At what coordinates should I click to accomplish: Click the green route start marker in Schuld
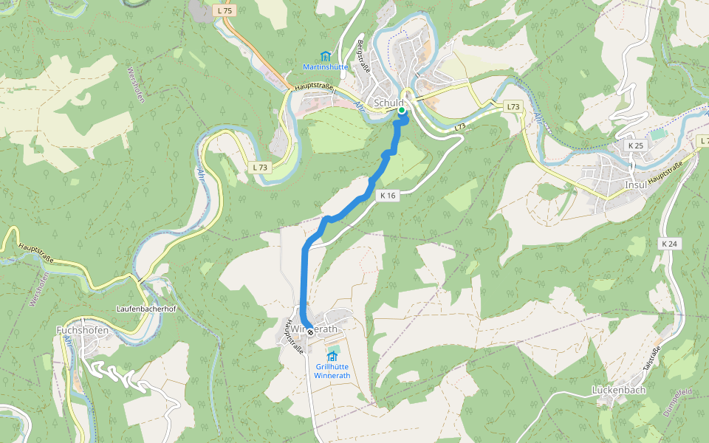point(402,110)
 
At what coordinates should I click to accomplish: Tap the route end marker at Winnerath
point(310,332)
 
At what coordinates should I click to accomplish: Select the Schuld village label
point(389,103)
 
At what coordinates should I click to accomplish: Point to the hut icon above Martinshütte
point(325,56)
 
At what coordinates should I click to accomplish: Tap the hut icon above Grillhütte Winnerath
point(331,357)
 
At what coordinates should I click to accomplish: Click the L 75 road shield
point(225,11)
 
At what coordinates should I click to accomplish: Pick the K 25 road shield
point(636,145)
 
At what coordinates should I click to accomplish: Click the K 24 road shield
point(669,244)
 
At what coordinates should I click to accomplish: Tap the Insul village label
point(635,185)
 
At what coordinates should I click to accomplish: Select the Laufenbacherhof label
point(145,309)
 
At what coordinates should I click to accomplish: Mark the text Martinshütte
point(325,67)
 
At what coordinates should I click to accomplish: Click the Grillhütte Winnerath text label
point(331,371)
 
